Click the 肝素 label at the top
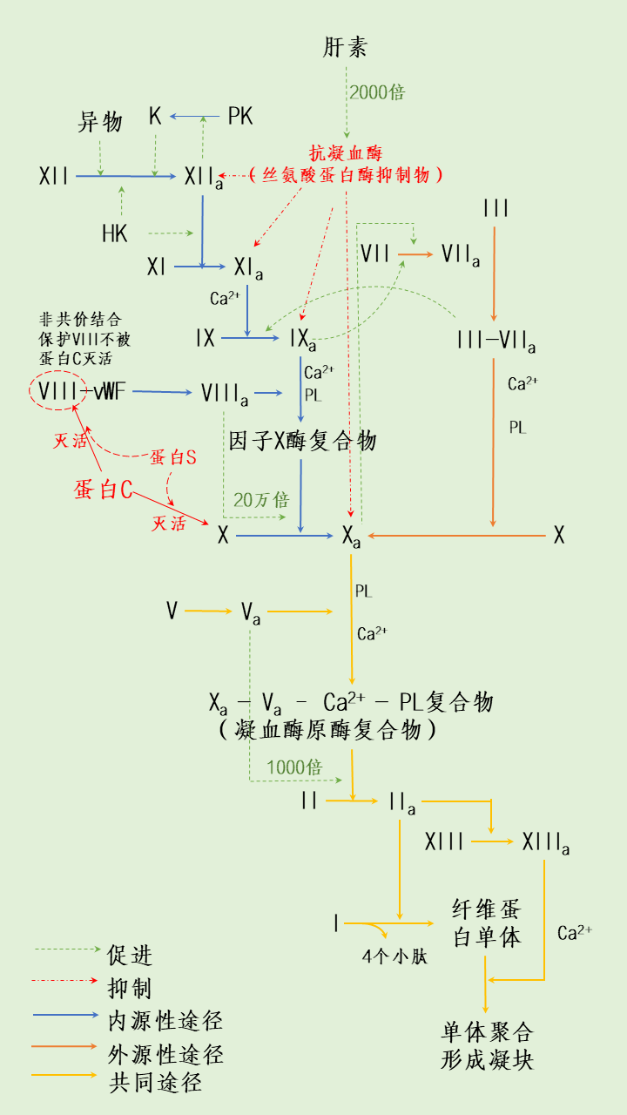coord(345,47)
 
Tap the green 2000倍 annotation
coord(377,92)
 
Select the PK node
coord(240,116)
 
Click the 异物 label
coord(100,122)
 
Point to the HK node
coord(115,233)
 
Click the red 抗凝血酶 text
coord(345,153)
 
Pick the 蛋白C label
coord(104,490)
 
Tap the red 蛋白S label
coord(172,457)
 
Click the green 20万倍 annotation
coord(260,500)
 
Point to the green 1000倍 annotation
coord(294,767)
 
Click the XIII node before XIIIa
coord(444,842)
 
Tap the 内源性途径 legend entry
coord(165,1020)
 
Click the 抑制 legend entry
coord(130,988)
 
